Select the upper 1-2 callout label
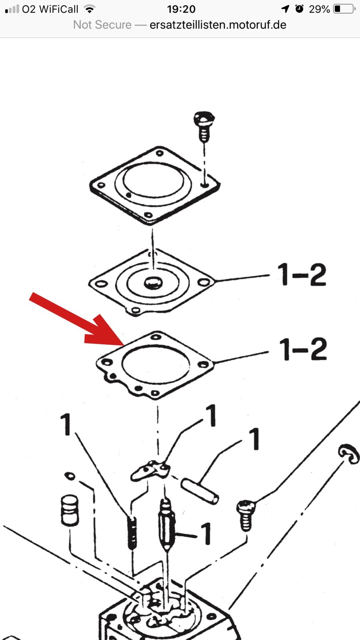pyautogui.click(x=302, y=274)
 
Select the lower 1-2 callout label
pyautogui.click(x=302, y=349)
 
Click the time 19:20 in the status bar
pyautogui.click(x=181, y=9)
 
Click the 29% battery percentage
pyautogui.click(x=319, y=9)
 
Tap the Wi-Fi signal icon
pyautogui.click(x=90, y=9)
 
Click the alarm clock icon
pyautogui.click(x=299, y=9)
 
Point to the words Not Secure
pyautogui.click(x=102, y=25)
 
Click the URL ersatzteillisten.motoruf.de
pyautogui.click(x=218, y=25)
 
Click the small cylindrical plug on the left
pyautogui.click(x=70, y=510)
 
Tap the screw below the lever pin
pyautogui.click(x=246, y=515)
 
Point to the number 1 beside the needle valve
pyautogui.click(x=206, y=533)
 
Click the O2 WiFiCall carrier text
pyautogui.click(x=50, y=9)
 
